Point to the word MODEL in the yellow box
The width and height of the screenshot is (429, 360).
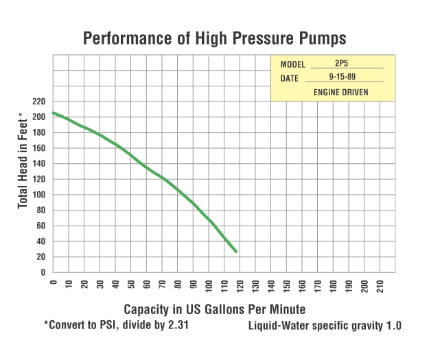tap(293, 64)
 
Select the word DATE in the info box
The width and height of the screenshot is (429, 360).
tap(290, 78)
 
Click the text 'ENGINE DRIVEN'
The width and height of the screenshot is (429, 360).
tap(341, 92)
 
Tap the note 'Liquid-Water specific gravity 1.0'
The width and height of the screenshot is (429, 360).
tap(325, 326)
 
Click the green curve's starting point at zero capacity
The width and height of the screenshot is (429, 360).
tap(53, 112)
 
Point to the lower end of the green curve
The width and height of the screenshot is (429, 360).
tap(236, 252)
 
